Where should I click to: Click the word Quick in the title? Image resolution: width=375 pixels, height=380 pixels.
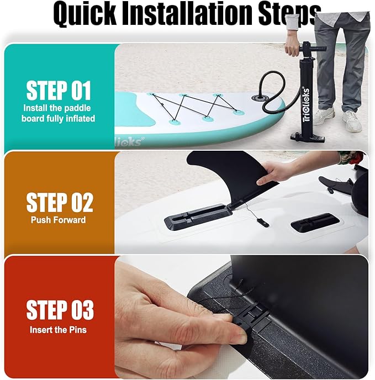pyautogui.click(x=84, y=14)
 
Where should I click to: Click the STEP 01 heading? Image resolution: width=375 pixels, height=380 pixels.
pyautogui.click(x=59, y=91)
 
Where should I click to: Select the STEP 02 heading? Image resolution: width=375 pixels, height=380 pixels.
pyautogui.click(x=60, y=202)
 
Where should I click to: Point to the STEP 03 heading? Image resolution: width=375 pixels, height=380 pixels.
pyautogui.click(x=60, y=310)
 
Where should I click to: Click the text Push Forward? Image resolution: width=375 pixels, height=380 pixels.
pyautogui.click(x=58, y=220)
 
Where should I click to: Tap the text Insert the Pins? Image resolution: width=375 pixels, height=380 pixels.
pyautogui.click(x=58, y=330)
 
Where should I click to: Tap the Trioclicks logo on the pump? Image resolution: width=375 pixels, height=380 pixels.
pyautogui.click(x=306, y=104)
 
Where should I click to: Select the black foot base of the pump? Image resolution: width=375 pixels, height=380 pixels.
pyautogui.click(x=308, y=138)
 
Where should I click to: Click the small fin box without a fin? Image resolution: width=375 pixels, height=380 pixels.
pyautogui.click(x=315, y=222)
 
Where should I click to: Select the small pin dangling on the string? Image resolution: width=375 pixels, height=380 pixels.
pyautogui.click(x=262, y=223)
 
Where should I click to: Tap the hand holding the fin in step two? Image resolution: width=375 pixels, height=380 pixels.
pyautogui.click(x=279, y=172)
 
